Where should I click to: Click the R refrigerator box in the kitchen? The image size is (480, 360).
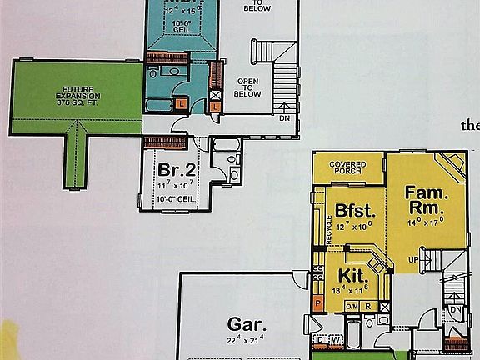(x=367, y=306)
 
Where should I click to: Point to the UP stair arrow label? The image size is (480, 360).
(x=414, y=259)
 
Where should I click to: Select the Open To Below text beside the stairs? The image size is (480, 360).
(x=248, y=86)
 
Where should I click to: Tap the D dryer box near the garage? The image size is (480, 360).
(x=320, y=340)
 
